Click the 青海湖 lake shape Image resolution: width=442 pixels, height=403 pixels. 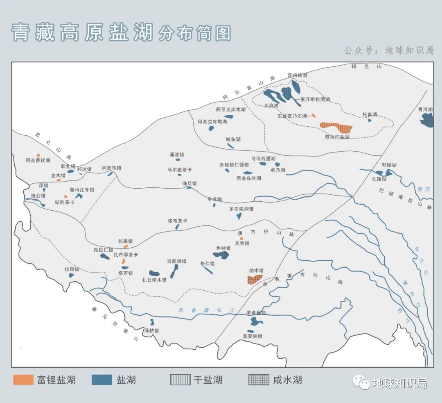(428, 120)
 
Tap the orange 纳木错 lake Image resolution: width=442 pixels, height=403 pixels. (254, 279)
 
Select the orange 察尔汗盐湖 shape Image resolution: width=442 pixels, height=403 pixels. (336, 127)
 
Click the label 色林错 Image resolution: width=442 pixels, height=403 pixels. (223, 248)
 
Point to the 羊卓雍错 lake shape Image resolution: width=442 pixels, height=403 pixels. (256, 321)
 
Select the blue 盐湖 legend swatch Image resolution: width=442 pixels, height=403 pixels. (102, 380)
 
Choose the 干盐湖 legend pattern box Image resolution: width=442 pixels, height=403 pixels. (180, 380)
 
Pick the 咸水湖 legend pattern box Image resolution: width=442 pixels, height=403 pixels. (259, 380)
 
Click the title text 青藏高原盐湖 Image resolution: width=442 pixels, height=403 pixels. (82, 33)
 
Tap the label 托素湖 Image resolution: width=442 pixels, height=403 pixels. (370, 115)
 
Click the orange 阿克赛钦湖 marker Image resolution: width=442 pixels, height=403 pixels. (38, 155)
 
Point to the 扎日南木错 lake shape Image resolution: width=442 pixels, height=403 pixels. (154, 273)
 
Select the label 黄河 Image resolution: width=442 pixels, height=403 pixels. (424, 189)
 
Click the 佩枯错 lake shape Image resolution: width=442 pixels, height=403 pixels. (152, 322)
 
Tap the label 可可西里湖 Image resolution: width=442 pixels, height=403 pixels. (263, 159)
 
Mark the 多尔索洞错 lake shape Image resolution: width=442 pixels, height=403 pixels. (239, 216)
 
